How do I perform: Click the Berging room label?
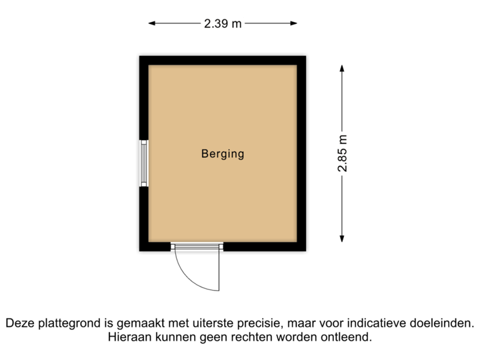click(x=223, y=154)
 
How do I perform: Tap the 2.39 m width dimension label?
click(x=223, y=23)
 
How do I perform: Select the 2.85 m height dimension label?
click(x=342, y=153)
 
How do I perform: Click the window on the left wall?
click(x=143, y=163)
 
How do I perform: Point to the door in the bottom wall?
click(x=197, y=247)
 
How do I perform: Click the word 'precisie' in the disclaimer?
click(x=255, y=323)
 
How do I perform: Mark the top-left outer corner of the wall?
click(x=137, y=54)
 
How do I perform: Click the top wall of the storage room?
click(x=223, y=59)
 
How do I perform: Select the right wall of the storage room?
click(x=303, y=153)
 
